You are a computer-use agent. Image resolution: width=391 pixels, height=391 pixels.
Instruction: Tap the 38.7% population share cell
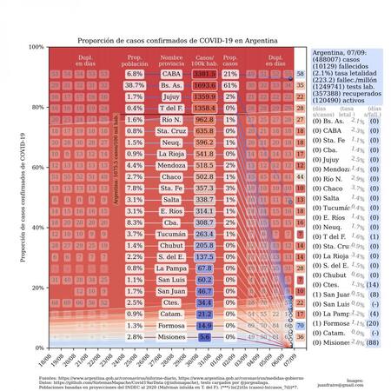point(135,87)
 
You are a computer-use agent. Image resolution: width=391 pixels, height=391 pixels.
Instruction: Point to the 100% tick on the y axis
point(37,47)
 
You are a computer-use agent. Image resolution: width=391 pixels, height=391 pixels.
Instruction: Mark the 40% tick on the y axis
point(39,227)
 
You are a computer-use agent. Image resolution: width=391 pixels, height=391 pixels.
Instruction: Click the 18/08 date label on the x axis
point(43,359)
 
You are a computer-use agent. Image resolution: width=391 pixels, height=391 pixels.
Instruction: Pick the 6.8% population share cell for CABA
point(135,75)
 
